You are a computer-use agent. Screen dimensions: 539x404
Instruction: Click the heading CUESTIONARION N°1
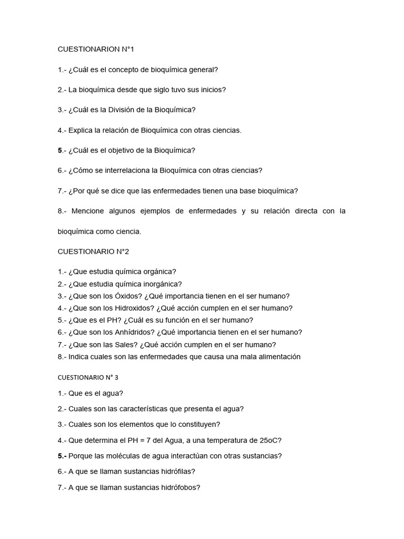pyautogui.click(x=96, y=49)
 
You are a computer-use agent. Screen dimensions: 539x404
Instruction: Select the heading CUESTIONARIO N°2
pyautogui.click(x=93, y=252)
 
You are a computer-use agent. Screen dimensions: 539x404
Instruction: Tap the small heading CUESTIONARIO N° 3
pyautogui.click(x=88, y=377)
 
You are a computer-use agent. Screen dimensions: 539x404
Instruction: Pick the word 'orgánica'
pyautogui.click(x=160, y=272)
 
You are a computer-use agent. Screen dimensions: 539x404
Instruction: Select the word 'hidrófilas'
pyautogui.click(x=184, y=472)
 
